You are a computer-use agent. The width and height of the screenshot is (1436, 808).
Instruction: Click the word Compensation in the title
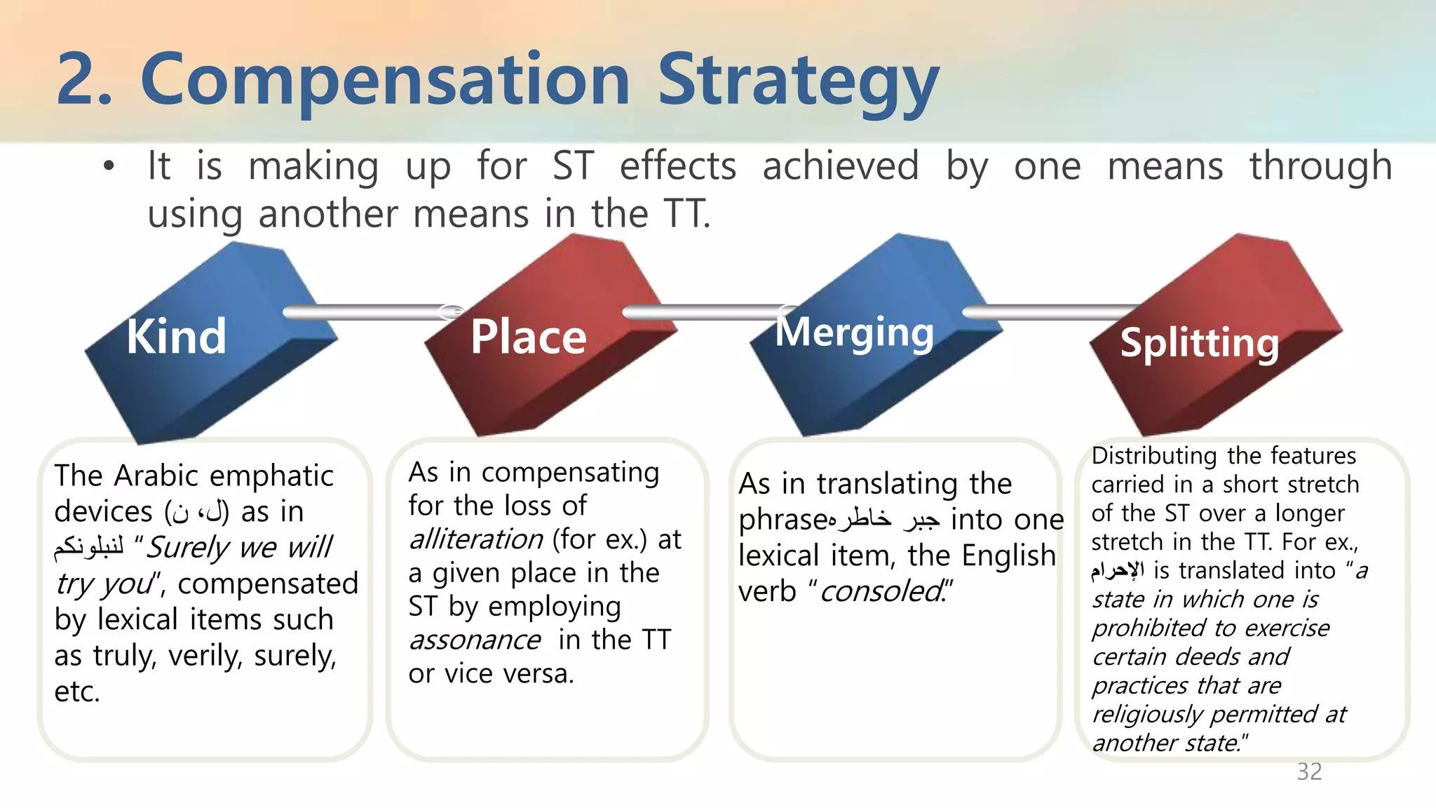(386, 81)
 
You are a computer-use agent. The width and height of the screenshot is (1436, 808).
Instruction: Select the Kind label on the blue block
(177, 337)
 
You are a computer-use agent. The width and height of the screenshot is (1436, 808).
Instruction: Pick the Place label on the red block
(528, 337)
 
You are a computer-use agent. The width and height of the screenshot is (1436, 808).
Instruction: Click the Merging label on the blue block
(854, 332)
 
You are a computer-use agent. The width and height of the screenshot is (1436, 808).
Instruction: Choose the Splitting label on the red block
(1199, 343)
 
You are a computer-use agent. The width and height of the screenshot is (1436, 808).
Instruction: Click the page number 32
(1309, 772)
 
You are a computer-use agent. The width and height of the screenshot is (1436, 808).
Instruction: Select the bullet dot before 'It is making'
(108, 167)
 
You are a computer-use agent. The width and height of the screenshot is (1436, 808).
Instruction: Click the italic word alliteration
(476, 539)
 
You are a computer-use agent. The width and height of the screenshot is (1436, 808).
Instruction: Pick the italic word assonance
(475, 640)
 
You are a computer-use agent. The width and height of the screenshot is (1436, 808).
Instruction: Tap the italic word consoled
(881, 591)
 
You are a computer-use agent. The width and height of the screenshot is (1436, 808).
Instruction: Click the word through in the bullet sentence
(1320, 166)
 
